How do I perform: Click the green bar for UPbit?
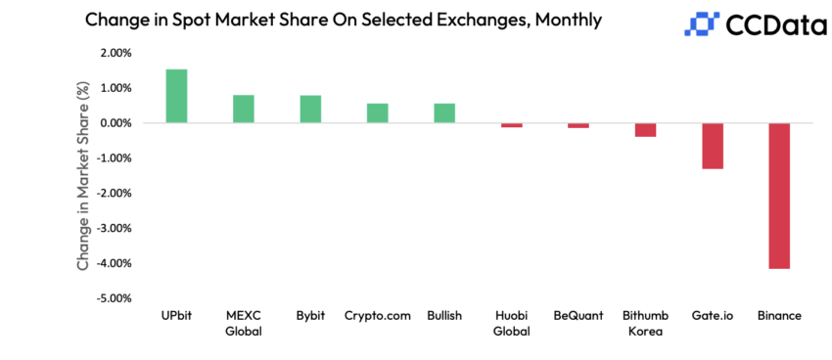point(176,96)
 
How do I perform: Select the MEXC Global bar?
point(244,109)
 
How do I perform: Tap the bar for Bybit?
point(310,109)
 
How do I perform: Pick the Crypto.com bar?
point(378,113)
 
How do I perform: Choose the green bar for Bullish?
point(444,113)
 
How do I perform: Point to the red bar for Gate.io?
point(713,146)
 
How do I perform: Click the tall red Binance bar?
point(779,196)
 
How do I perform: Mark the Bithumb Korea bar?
point(645,130)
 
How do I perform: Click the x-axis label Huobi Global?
point(512,324)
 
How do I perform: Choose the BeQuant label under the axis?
point(578,316)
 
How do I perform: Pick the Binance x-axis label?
point(779,316)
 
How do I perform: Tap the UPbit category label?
point(176,316)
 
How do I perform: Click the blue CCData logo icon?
point(702,23)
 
